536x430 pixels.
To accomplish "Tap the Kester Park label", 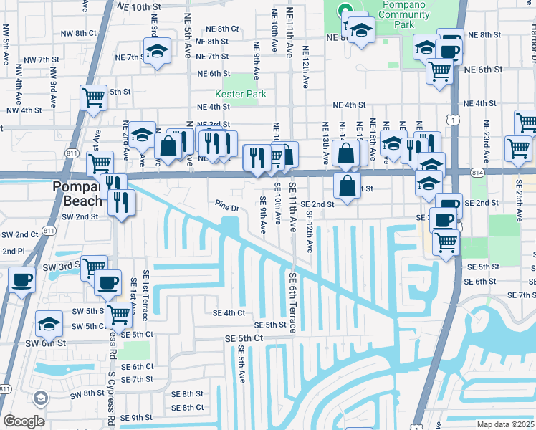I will point(241,94).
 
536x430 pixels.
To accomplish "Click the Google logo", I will point(24,421).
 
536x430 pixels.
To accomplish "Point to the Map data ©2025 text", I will point(505,424).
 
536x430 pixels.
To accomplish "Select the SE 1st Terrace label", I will point(146,293).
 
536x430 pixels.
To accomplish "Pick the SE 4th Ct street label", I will point(229,312).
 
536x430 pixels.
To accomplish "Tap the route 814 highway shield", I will point(479,173).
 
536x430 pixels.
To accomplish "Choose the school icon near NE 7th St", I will point(156,52).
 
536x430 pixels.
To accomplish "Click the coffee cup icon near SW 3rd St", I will point(21,278).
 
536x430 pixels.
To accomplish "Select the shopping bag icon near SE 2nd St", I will point(347,185).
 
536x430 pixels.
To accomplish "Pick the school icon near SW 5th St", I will point(49,325).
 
